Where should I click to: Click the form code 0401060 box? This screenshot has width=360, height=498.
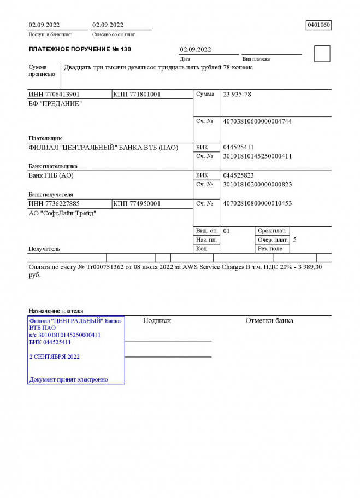click(x=319, y=25)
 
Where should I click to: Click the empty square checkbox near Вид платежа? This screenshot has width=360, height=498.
click(x=322, y=54)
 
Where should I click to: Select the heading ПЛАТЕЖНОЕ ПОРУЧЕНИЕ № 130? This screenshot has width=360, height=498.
click(x=80, y=49)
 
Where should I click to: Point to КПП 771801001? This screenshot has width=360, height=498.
click(x=137, y=95)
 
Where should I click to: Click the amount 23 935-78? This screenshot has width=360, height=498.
click(x=237, y=95)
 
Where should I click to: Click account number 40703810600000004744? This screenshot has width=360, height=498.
click(x=257, y=121)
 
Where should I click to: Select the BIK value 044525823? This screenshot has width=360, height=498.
click(x=239, y=175)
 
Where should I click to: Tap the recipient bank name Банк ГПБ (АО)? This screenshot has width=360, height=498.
click(x=51, y=175)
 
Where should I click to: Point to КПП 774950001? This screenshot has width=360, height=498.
click(x=137, y=204)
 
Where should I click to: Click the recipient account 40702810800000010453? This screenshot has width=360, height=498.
click(x=257, y=204)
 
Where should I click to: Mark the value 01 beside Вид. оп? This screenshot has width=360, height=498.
click(x=227, y=231)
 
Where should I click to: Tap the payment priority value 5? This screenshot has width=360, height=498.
click(x=295, y=239)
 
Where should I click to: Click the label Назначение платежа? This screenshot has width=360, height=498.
click(x=56, y=310)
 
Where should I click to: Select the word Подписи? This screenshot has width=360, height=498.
click(x=157, y=321)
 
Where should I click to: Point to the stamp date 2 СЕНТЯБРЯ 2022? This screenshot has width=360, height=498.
click(x=55, y=356)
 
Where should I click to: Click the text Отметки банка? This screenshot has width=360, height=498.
click(x=269, y=321)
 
